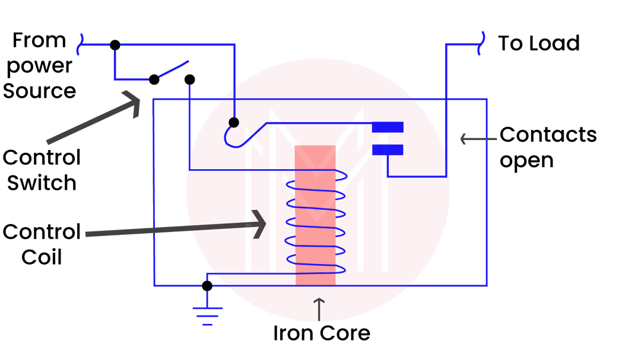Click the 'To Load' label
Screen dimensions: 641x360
(x=539, y=43)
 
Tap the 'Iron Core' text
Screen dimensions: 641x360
(x=321, y=333)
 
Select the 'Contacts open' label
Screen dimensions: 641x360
(x=548, y=147)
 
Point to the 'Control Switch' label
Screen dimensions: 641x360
(x=42, y=170)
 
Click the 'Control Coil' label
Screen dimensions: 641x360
(x=42, y=244)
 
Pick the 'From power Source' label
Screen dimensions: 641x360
(x=39, y=65)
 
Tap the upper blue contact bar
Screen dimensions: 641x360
(x=388, y=127)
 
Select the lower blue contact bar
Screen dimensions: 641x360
(x=388, y=150)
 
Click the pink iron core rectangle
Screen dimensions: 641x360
(x=315, y=215)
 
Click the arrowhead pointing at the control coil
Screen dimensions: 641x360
(x=258, y=224)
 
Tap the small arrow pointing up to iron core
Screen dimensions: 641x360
(x=319, y=310)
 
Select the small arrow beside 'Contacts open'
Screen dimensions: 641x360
(x=478, y=139)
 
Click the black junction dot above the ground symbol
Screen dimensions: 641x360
(x=207, y=286)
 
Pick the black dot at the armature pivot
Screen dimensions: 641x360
(x=234, y=122)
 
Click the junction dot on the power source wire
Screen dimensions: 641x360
(x=115, y=44)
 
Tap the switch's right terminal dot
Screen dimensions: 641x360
(x=190, y=79)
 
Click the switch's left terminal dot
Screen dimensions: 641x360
(x=154, y=79)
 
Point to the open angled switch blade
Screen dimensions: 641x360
(x=172, y=70)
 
